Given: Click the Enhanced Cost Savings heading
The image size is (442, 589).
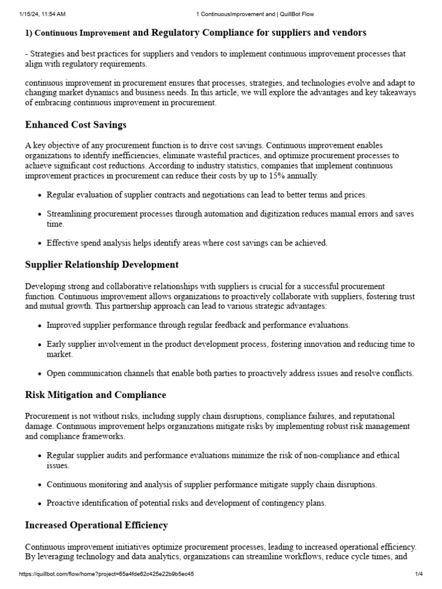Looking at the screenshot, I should point(76,125).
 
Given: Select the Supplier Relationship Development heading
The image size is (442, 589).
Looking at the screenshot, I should point(102,265).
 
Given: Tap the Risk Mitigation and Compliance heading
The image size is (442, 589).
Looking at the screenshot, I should point(96,395).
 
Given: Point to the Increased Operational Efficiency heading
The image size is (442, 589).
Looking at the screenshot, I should point(97,525).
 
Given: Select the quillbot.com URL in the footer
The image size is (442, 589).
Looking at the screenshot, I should point(106,574).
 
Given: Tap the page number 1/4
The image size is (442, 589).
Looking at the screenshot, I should point(418,574).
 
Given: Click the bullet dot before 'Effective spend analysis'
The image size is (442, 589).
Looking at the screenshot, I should point(39,243).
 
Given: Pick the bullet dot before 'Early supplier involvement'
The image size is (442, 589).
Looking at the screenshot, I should point(39,345).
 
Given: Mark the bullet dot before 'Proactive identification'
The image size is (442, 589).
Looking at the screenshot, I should point(39,504).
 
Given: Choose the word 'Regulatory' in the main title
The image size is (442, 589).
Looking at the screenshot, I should point(183,33).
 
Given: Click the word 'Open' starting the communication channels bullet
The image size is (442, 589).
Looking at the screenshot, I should point(56,373).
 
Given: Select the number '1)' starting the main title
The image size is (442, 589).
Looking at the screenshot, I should point(30,33).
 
